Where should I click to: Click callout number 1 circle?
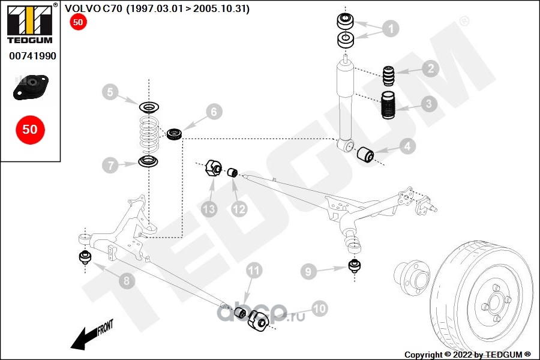[x=390, y=28]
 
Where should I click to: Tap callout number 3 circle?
[x=428, y=104]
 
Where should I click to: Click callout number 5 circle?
[x=110, y=92]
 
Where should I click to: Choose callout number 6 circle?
[x=215, y=112]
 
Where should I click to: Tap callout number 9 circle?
[x=308, y=272]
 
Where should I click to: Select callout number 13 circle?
[x=209, y=209]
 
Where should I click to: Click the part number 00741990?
[x=32, y=56]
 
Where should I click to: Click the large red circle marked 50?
[x=30, y=129]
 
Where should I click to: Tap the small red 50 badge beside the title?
[x=78, y=23]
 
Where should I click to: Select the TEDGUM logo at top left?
[x=30, y=23]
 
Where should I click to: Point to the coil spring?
[x=148, y=134]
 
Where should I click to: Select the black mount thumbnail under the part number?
[x=30, y=88]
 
